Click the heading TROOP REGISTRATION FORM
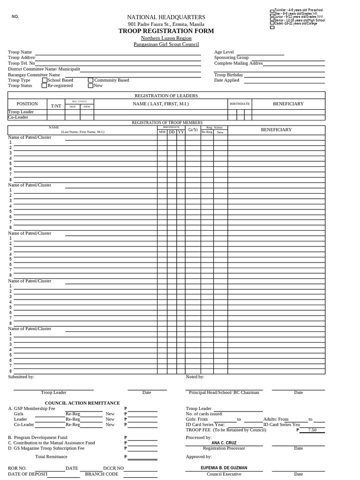pos(166,31)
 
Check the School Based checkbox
pos(45,80)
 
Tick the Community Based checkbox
pos(90,80)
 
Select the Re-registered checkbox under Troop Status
pos(45,86)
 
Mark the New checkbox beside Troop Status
pos(90,86)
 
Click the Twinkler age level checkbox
pos(272,11)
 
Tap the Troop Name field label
pos(20,52)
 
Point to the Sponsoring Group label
pos(231,58)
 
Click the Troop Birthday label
pos(229,75)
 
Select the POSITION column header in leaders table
pos(27,104)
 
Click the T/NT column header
pos(56,106)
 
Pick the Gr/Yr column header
pos(193,129)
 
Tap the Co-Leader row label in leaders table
pos(18,117)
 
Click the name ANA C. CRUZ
pos(224,443)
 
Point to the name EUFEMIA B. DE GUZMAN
pos(224,468)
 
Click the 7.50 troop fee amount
pos(312,429)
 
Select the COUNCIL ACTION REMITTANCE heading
pos(82,403)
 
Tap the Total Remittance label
pos(51,456)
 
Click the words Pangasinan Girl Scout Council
pos(166,45)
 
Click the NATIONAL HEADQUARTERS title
pos(166,17)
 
